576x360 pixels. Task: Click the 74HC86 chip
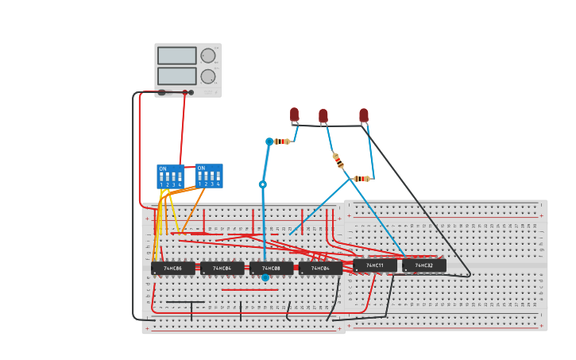coord(172,269)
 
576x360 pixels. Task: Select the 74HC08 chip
coord(271,269)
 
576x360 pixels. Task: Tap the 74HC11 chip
coord(374,265)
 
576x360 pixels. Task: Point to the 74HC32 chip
coord(423,265)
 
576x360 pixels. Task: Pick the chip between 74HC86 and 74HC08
coord(222,269)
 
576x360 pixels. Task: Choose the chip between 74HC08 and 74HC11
coord(320,269)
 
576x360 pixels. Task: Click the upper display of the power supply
coord(176,56)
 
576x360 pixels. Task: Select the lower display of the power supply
coord(176,75)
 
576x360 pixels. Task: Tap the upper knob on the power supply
coord(208,56)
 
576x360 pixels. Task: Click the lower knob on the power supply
coord(208,76)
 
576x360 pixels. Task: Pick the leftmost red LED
coord(294,114)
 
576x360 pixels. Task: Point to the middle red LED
coord(323,116)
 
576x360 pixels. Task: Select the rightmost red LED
coord(364,115)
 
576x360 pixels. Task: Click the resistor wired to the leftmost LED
coord(282,141)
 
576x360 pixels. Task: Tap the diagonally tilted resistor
coord(338,161)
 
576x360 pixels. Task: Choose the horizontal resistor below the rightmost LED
coord(361,179)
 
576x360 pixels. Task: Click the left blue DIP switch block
coord(170,176)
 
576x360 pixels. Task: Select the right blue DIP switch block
coord(209,176)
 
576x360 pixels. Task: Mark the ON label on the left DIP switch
coord(163,168)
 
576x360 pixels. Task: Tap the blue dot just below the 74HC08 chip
coord(265,277)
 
